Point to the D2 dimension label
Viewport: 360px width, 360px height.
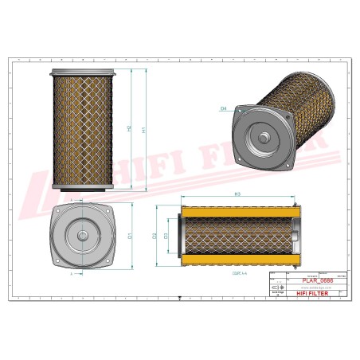click(x=154, y=236)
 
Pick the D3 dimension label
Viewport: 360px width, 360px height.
click(x=166, y=236)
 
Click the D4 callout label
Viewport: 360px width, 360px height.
click(x=224, y=108)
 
